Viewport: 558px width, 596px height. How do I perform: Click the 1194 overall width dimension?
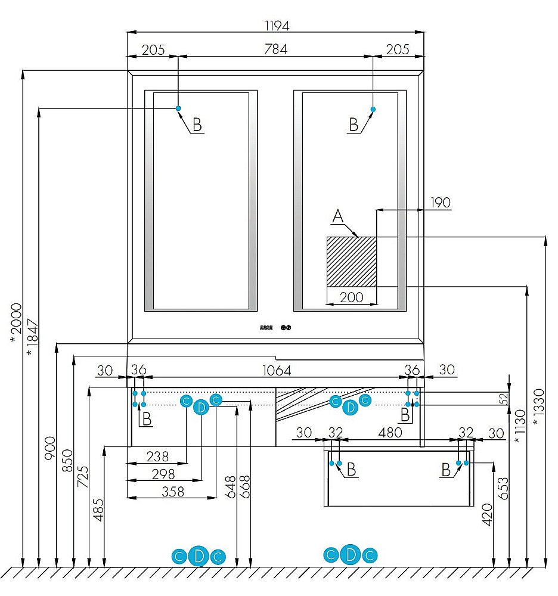(x=276, y=26)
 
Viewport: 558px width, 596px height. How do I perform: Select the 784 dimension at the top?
(x=276, y=49)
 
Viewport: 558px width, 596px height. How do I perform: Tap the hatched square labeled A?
(x=352, y=261)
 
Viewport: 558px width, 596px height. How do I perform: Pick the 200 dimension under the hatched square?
(x=351, y=297)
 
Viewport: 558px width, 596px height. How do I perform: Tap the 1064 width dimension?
(x=277, y=370)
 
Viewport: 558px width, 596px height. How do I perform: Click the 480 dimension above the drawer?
(x=390, y=433)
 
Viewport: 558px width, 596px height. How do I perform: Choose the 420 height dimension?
(x=487, y=514)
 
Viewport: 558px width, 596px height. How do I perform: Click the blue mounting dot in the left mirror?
(x=178, y=108)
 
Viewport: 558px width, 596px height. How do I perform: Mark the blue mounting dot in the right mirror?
(x=373, y=109)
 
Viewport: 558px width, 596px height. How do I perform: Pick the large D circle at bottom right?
(x=351, y=555)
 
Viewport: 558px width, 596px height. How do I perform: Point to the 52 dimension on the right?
(x=503, y=398)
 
